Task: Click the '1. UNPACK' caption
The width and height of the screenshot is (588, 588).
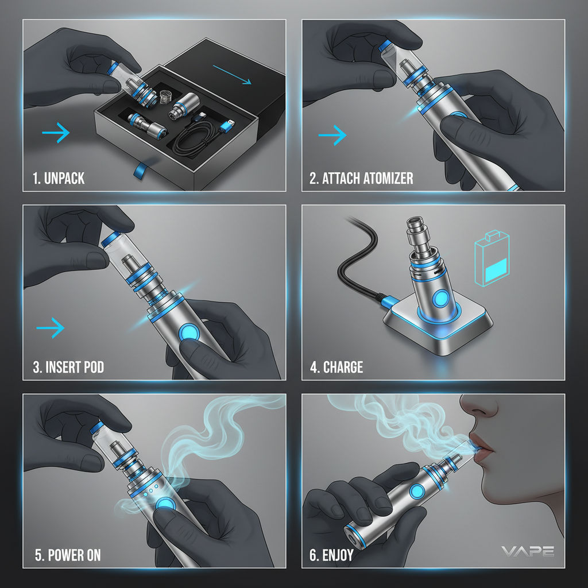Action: [x=59, y=178]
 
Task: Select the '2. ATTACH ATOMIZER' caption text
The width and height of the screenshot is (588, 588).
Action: [x=361, y=178]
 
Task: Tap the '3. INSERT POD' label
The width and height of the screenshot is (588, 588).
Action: [x=68, y=366]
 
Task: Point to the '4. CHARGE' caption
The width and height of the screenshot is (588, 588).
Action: [x=336, y=366]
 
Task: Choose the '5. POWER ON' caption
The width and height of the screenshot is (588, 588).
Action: [x=67, y=555]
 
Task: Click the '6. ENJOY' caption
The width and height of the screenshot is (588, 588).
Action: [x=331, y=555]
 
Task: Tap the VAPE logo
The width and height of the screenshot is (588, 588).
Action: [x=528, y=551]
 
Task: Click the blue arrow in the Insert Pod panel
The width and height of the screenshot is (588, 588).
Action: [x=51, y=328]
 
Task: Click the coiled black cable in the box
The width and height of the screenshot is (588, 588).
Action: [x=195, y=146]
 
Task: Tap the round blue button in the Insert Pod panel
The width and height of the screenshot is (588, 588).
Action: [x=188, y=332]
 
